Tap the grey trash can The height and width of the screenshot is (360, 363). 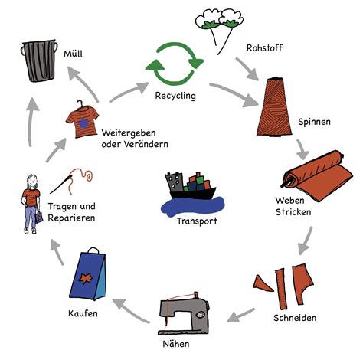click(x=39, y=61)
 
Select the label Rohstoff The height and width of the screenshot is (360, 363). click(x=264, y=47)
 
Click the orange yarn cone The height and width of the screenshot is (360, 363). click(x=274, y=106)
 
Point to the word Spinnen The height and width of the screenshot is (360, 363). click(x=314, y=122)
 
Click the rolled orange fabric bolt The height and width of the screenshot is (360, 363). click(x=318, y=175)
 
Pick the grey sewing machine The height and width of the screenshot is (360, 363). click(x=184, y=313)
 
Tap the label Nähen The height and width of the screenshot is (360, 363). click(x=176, y=344)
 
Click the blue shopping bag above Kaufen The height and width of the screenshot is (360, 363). click(x=87, y=274)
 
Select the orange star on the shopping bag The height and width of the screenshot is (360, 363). click(x=86, y=278)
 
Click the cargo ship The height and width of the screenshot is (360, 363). click(x=191, y=186)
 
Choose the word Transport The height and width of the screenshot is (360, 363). click(x=197, y=221)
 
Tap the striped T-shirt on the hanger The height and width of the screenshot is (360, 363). click(x=82, y=119)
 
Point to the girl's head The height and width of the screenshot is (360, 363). click(x=32, y=182)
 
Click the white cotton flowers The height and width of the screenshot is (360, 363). click(x=219, y=18)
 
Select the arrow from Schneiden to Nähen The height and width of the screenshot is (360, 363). click(x=240, y=316)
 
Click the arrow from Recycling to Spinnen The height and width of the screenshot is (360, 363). click(x=234, y=93)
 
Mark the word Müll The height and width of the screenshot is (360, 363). click(x=73, y=54)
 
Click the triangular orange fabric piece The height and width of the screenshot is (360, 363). click(x=263, y=283)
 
